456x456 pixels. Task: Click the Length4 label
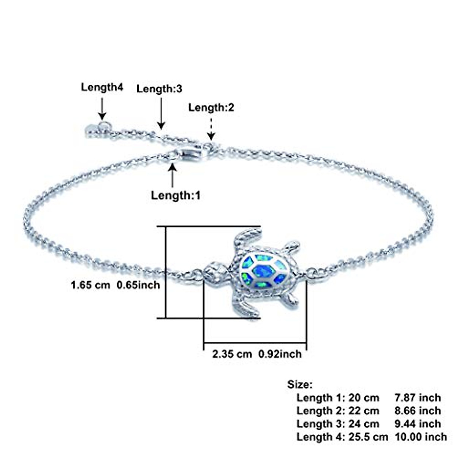coord(102,87)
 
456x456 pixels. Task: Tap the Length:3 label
coord(159,89)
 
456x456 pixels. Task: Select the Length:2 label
coord(211,108)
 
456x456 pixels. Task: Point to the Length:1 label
coord(175,196)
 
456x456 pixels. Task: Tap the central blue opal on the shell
coord(264,271)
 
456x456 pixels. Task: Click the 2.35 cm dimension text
coord(232,354)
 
